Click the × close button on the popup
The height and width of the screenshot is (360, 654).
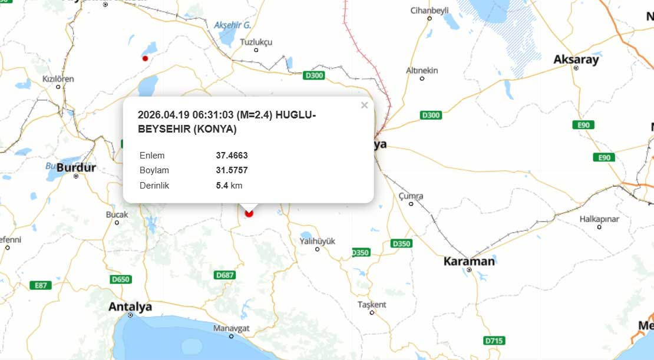click(364, 105)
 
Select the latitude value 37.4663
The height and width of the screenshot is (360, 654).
click(232, 156)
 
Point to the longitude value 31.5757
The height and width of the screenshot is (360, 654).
click(232, 170)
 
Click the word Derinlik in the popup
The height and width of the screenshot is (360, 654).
click(154, 186)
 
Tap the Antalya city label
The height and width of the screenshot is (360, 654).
click(130, 306)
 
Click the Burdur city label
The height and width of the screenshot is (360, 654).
click(76, 168)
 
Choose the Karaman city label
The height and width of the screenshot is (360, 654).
click(469, 261)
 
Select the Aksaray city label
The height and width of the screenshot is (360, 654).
click(576, 60)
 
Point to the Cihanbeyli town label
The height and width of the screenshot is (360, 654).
click(430, 10)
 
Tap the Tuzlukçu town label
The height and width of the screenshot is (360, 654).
click(256, 42)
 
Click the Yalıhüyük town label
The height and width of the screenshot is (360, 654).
click(317, 241)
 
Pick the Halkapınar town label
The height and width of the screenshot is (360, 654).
click(599, 219)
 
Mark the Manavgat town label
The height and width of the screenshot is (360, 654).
click(232, 328)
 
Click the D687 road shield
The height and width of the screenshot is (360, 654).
click(226, 275)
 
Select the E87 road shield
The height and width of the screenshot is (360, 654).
click(41, 285)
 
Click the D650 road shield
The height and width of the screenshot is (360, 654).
click(120, 279)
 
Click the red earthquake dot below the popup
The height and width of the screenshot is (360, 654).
click(249, 213)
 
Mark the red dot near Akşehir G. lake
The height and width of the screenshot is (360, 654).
click(145, 58)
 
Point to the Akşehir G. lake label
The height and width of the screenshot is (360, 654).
click(233, 25)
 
